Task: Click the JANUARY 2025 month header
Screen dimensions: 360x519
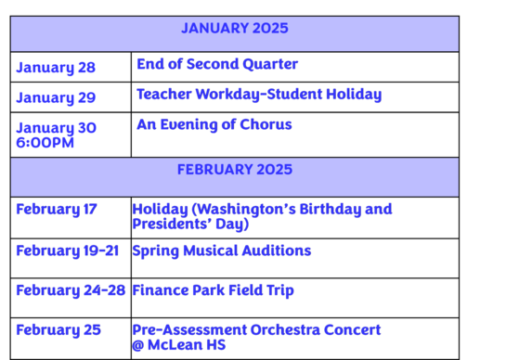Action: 234,29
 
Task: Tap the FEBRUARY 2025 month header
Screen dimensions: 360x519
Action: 234,170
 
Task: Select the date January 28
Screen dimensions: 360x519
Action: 56,68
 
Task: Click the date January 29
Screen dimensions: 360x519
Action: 56,97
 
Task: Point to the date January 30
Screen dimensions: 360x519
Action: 56,128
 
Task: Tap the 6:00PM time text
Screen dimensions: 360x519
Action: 45,143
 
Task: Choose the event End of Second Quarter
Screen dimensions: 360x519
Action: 216,64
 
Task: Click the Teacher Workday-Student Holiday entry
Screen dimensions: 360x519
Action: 258,95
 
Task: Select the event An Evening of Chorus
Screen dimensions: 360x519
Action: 214,124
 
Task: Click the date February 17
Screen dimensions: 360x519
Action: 56,210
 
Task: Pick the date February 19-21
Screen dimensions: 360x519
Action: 67,251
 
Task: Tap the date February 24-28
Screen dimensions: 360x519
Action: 70,290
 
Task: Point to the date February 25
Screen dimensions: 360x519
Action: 58,330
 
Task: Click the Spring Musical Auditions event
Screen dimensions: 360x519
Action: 221,251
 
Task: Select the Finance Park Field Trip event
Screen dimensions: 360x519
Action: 213,290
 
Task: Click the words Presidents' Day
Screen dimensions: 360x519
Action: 190,224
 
